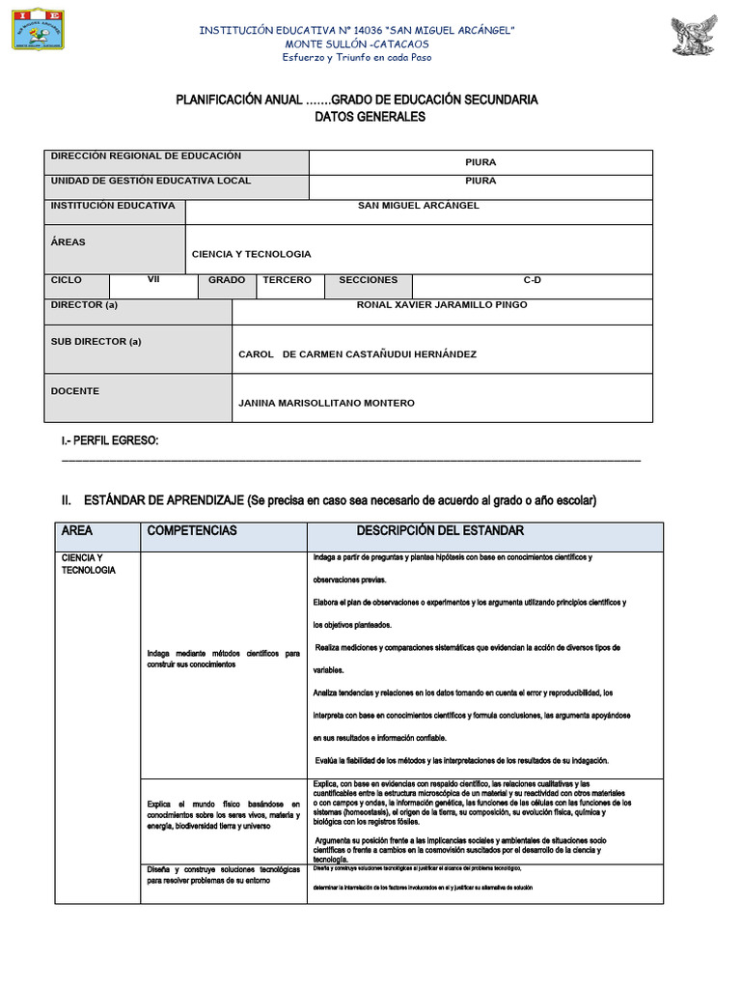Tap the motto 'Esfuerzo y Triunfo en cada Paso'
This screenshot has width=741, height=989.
(x=356, y=57)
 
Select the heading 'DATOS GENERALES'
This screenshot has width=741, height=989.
(x=356, y=117)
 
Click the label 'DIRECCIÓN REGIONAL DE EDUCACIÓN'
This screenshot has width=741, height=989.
(x=146, y=156)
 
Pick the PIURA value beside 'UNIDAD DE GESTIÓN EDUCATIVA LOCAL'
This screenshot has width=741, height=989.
(x=480, y=181)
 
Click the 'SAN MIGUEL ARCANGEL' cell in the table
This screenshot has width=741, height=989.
(x=418, y=206)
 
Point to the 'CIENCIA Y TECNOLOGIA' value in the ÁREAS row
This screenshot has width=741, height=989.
(x=251, y=254)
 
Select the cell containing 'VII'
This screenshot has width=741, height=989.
(x=153, y=280)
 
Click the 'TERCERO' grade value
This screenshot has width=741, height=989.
(x=287, y=280)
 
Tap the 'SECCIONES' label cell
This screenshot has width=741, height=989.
(x=368, y=280)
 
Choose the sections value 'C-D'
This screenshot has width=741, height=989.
(x=533, y=280)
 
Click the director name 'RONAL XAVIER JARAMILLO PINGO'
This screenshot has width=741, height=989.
(x=442, y=305)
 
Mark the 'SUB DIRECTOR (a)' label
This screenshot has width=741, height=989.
(x=96, y=342)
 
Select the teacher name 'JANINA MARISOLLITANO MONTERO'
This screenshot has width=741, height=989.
(x=326, y=403)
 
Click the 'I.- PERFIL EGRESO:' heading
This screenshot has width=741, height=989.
(x=109, y=441)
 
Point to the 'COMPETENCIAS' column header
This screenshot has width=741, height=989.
(x=191, y=531)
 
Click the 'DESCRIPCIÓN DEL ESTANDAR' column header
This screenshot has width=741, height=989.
(x=440, y=531)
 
